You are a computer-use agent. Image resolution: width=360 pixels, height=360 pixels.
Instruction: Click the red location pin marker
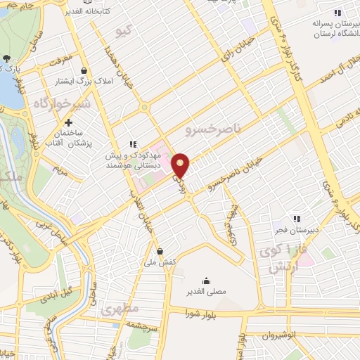[x=181, y=165]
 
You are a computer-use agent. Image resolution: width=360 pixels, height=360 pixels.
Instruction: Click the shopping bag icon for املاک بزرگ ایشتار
[x=85, y=71]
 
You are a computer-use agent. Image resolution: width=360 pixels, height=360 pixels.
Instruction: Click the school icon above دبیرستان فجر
[x=297, y=219]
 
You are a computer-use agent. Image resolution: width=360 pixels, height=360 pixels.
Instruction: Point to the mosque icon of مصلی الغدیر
[x=206, y=280]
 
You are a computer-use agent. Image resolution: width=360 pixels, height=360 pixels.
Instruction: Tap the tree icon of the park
[x=6, y=59]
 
